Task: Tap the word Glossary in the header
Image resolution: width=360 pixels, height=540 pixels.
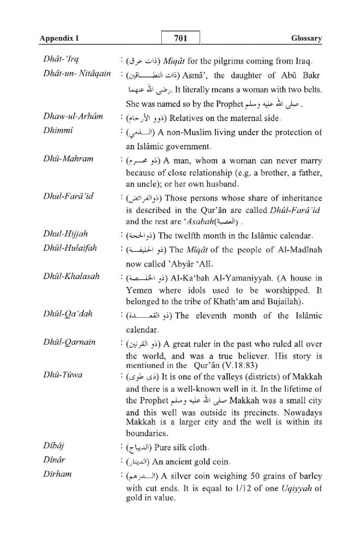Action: [x=306, y=39]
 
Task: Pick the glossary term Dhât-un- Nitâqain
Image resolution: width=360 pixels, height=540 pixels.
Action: [x=77, y=73]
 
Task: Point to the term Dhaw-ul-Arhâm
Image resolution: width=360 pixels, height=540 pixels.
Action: [x=73, y=116]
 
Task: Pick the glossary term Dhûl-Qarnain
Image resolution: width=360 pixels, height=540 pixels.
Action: [x=70, y=343]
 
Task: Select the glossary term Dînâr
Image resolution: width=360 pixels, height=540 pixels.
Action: [x=54, y=461]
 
